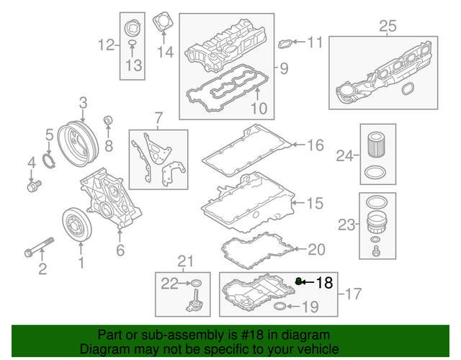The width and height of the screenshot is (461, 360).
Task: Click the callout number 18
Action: [325, 283]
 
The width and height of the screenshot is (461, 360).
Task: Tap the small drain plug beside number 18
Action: [297, 281]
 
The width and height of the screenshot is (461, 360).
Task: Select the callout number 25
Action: [388, 27]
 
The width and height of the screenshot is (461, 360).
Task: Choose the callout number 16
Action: [315, 145]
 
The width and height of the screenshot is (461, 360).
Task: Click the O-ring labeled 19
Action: [281, 309]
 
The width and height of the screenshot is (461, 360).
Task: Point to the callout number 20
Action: [316, 250]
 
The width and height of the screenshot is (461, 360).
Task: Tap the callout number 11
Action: [315, 42]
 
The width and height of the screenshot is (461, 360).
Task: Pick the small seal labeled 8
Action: [109, 120]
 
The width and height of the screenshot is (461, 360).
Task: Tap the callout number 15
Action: [315, 204]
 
